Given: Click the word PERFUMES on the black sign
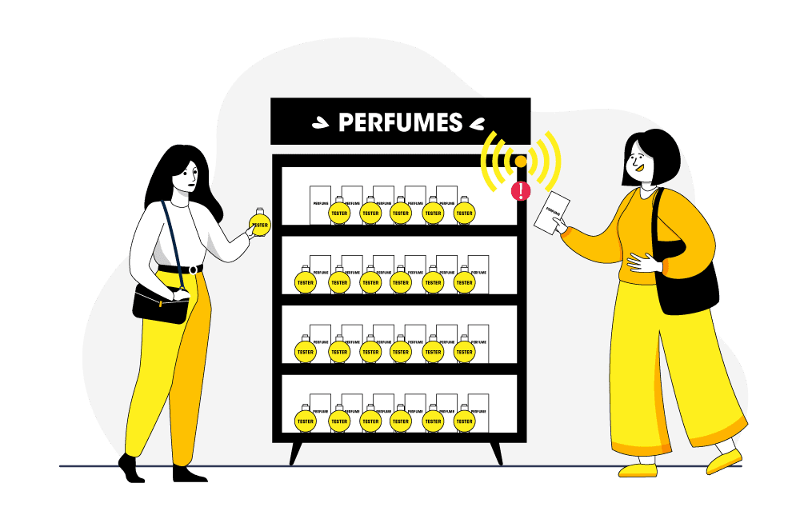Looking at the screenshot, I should pyautogui.click(x=400, y=122).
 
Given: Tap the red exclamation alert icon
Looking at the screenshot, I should pyautogui.click(x=521, y=190).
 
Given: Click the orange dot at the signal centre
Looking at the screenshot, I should pyautogui.click(x=521, y=162).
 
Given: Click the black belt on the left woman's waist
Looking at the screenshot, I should pyautogui.click(x=181, y=269).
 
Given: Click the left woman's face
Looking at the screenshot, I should pyautogui.click(x=186, y=174).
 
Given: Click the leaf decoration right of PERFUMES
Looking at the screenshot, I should pyautogui.click(x=478, y=123).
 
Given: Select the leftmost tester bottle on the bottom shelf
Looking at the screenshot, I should pyautogui.click(x=305, y=419).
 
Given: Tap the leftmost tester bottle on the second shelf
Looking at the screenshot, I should pyautogui.click(x=305, y=281).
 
